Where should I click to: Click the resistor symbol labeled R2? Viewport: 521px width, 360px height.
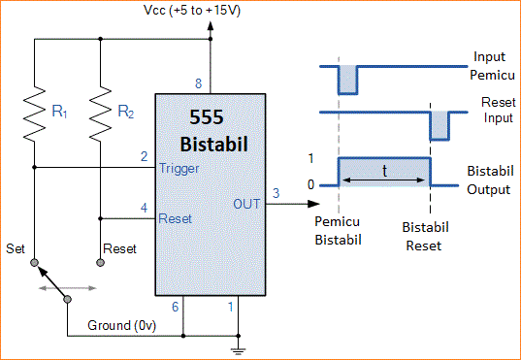(x=101, y=112)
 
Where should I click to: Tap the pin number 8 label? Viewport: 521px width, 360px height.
(x=200, y=82)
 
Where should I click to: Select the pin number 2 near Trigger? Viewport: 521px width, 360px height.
(x=144, y=156)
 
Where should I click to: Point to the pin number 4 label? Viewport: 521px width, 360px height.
(x=144, y=207)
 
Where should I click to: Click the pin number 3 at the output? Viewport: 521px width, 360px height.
(x=276, y=194)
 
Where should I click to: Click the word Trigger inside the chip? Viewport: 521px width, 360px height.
(x=179, y=169)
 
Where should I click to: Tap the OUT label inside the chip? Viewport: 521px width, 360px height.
(x=246, y=204)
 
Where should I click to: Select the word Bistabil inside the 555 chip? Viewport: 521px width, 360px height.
(x=214, y=144)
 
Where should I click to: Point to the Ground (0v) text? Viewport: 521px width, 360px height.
(x=125, y=325)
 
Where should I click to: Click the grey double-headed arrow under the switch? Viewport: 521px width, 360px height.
(x=68, y=287)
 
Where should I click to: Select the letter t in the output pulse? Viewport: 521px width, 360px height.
(x=385, y=170)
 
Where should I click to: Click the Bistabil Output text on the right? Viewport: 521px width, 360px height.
(x=488, y=180)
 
